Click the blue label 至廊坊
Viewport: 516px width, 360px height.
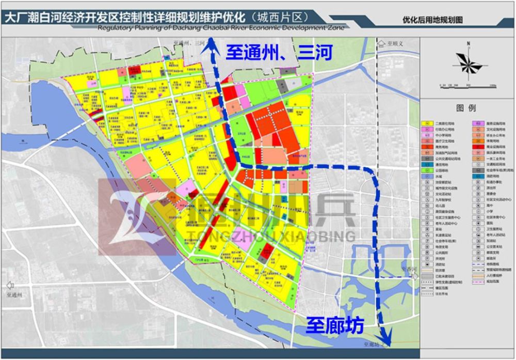[x=335, y=326]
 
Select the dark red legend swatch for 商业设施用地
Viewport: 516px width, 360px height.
[x=474, y=147]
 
